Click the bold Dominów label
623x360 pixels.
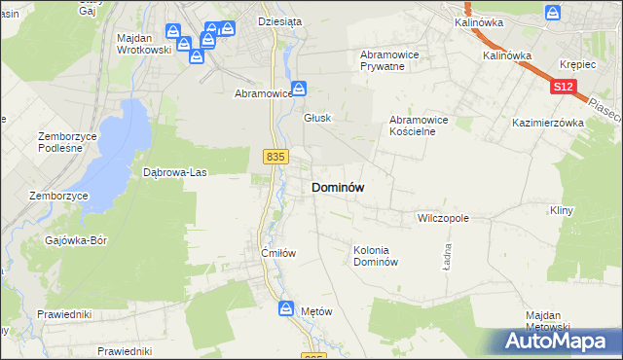click(x=338, y=188)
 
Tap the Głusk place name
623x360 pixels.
click(x=317, y=118)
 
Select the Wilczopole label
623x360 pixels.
click(x=443, y=219)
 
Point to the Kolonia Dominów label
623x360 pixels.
click(x=376, y=256)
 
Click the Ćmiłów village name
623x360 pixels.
click(x=277, y=253)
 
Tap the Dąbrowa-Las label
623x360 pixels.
click(x=175, y=172)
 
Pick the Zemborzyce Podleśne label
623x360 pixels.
click(x=67, y=142)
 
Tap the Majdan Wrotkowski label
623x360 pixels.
click(x=143, y=44)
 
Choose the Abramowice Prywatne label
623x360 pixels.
click(x=389, y=60)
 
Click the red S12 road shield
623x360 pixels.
click(x=563, y=88)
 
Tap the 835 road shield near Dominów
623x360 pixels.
click(x=275, y=156)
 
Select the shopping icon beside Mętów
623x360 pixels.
click(x=286, y=308)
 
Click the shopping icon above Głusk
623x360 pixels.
click(x=301, y=88)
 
